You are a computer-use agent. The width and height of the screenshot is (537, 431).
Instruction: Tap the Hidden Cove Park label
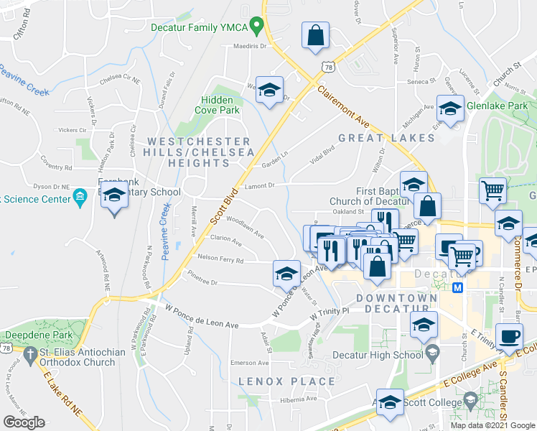click(216, 106)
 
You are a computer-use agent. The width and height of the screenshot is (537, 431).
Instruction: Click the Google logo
click(24, 422)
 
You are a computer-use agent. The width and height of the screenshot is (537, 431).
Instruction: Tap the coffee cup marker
click(509, 337)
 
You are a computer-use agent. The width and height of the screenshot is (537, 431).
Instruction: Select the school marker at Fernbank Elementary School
click(114, 195)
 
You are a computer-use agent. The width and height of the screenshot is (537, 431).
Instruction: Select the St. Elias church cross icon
click(30, 355)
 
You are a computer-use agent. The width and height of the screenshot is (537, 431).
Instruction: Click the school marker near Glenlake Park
click(450, 110)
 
